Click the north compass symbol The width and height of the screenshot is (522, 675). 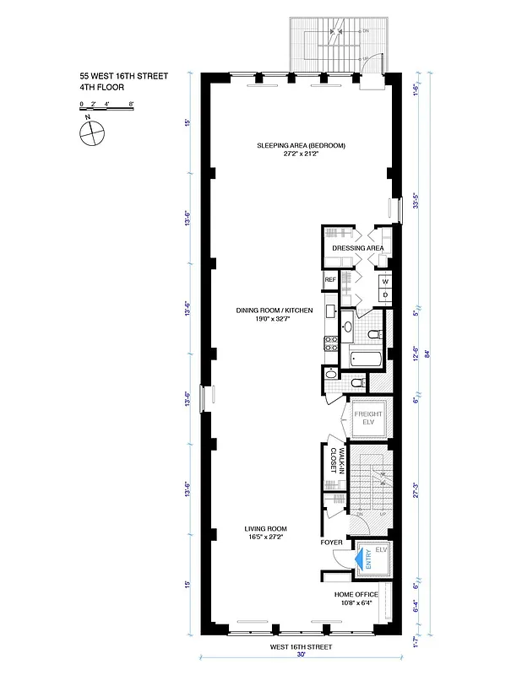coord(90,132)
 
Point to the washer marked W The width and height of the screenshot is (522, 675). coord(384,281)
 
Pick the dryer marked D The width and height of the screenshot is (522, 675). coord(384,294)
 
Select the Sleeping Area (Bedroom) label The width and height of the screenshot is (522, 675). coord(302,145)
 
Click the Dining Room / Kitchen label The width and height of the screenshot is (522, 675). coord(275,310)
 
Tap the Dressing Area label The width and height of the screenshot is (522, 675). coord(358,248)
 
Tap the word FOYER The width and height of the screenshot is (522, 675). coord(331,543)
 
